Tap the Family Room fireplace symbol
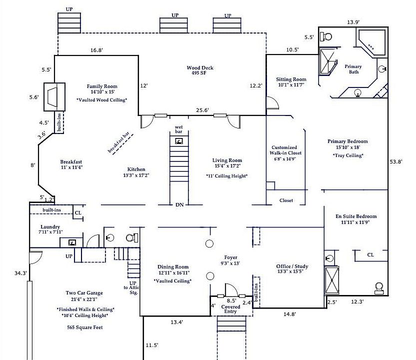(54, 97)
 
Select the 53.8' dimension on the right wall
(396, 161)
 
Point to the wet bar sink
(179, 141)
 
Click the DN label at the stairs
(179, 204)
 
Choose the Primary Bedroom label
(347, 141)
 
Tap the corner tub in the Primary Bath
(371, 42)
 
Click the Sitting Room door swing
(272, 103)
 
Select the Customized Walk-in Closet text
(285, 150)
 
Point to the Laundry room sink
(72, 242)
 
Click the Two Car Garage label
(84, 293)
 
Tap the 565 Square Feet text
(85, 327)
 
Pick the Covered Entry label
(230, 309)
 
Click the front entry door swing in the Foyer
(231, 289)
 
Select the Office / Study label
(292, 266)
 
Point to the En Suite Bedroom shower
(331, 280)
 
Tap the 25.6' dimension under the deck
(202, 110)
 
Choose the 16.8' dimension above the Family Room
(96, 50)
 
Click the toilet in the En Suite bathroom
(379, 288)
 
